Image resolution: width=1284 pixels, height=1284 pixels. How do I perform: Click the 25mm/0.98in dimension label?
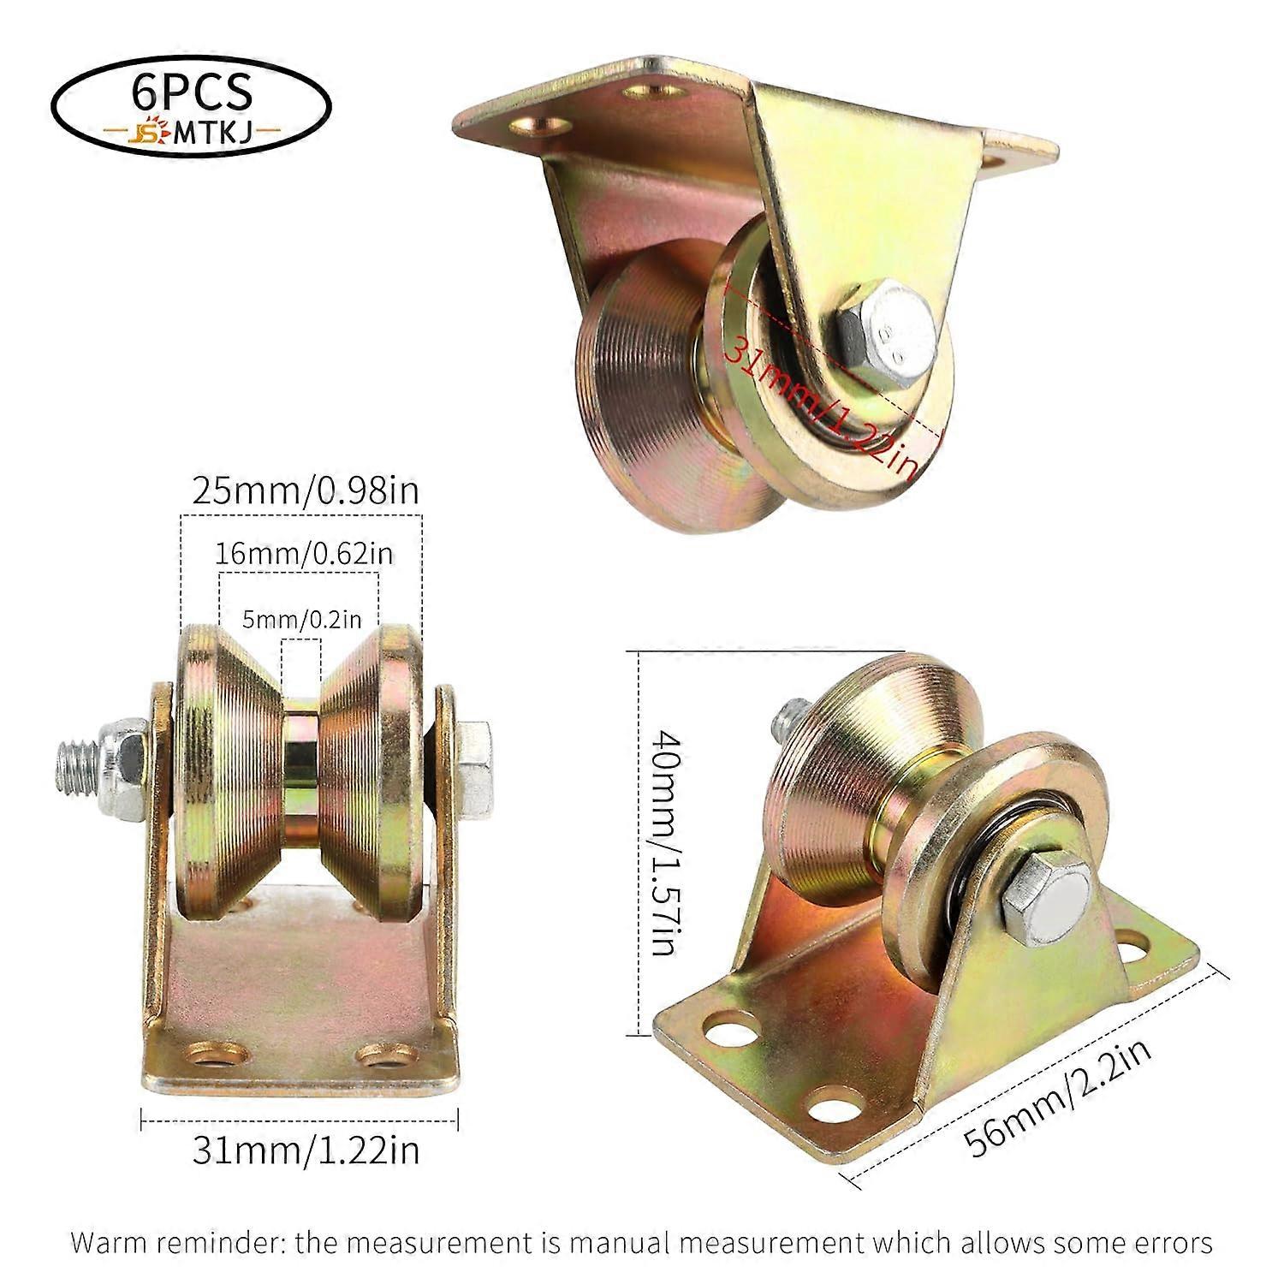click(306, 491)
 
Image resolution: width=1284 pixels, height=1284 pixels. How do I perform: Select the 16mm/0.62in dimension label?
click(304, 554)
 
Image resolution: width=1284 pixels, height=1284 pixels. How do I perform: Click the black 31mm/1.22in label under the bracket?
click(306, 1150)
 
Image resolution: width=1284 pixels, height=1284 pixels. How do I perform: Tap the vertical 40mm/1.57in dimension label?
click(666, 843)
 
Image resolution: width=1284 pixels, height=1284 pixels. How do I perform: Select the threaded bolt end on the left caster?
click(77, 753)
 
